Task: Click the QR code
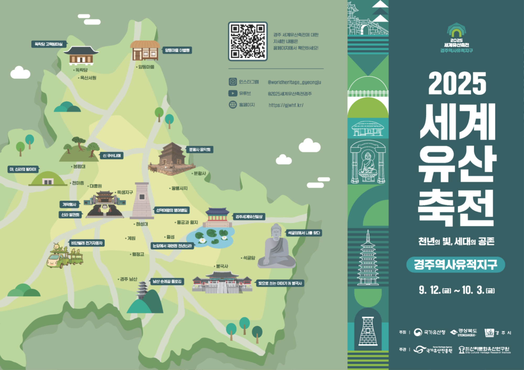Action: click(248, 41)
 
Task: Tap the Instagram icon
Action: click(233, 82)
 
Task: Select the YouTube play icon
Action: click(233, 93)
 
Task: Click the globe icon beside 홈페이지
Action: click(233, 105)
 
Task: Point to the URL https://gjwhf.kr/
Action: click(286, 105)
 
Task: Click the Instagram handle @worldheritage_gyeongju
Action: click(294, 82)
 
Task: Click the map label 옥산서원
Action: click(88, 78)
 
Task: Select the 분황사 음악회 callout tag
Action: click(200, 150)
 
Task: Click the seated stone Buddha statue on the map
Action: click(276, 247)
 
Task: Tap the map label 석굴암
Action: click(249, 258)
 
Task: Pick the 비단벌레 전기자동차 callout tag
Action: click(87, 243)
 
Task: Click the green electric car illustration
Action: click(64, 257)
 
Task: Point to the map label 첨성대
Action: click(142, 224)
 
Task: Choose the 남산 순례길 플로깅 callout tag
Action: click(167, 282)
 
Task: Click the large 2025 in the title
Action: click(457, 83)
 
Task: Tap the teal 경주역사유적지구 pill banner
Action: click(455, 265)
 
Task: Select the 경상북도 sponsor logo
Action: click(464, 332)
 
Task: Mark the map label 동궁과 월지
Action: click(187, 222)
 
